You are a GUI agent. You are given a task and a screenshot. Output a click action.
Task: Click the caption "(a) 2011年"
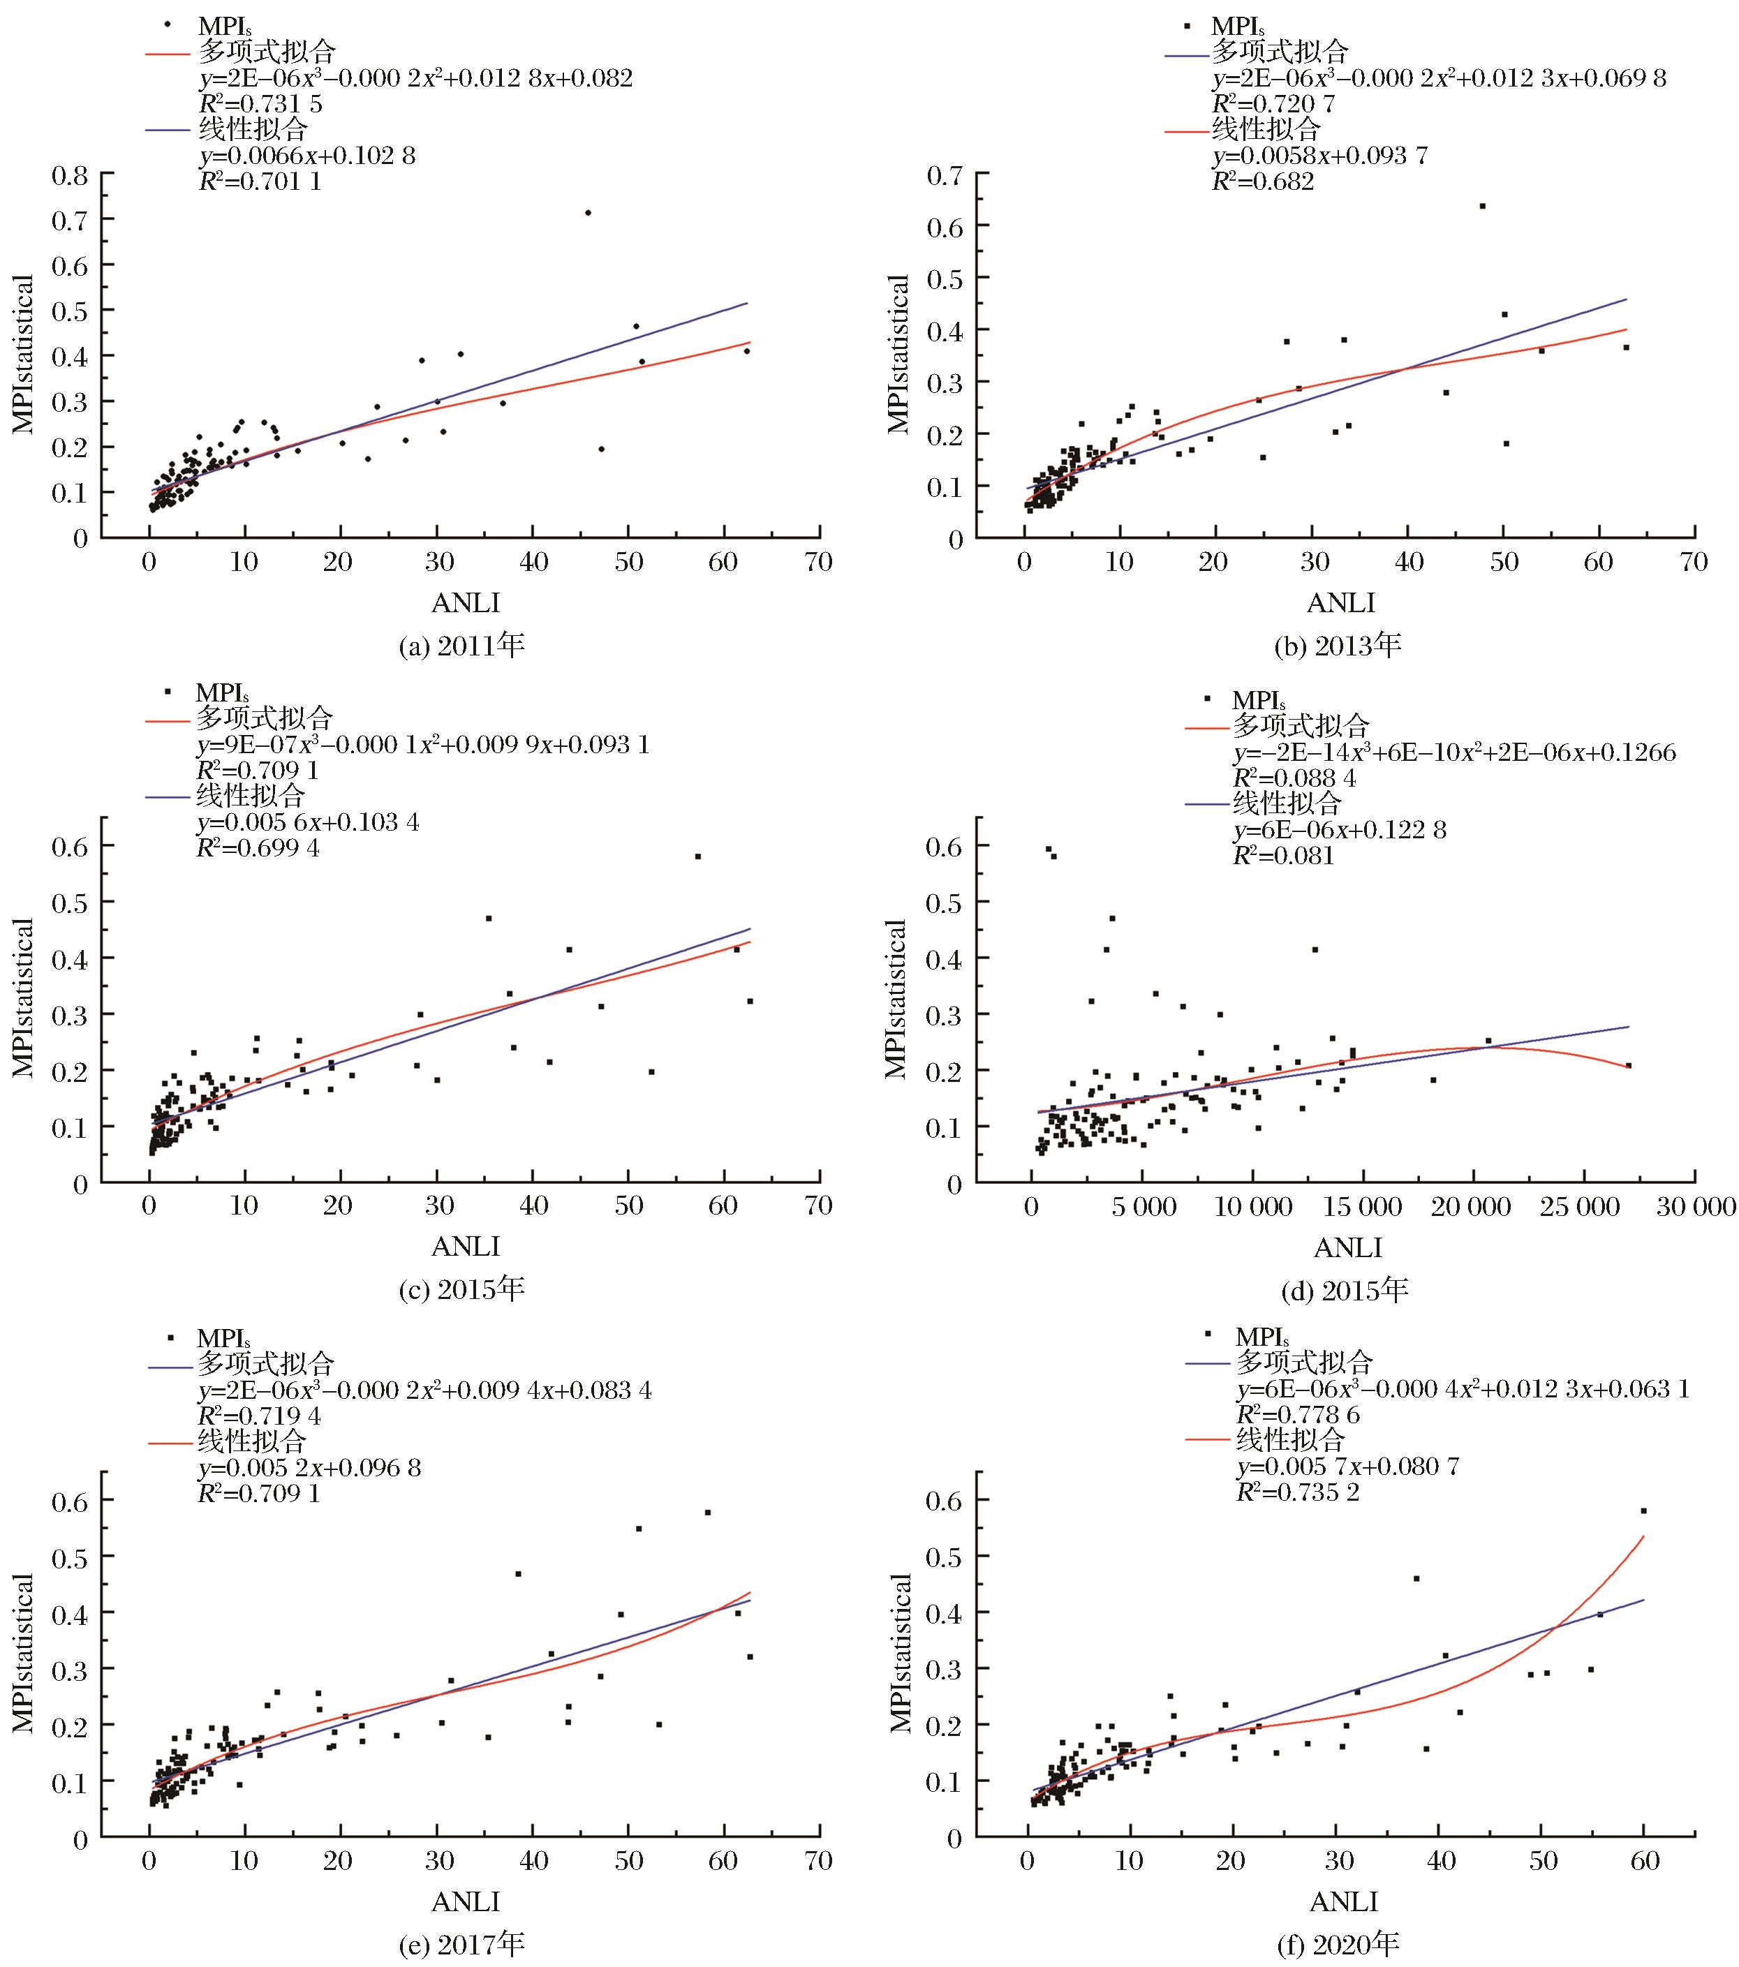(462, 645)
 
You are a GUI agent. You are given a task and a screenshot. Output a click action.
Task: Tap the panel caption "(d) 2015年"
(1345, 1289)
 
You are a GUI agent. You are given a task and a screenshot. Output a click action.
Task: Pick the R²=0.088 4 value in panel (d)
(1294, 778)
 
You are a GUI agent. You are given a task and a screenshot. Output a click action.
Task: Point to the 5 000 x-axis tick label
(1144, 1205)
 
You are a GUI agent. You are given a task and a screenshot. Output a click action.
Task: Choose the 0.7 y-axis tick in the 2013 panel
(945, 175)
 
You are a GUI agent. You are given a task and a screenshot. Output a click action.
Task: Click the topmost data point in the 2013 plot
(1482, 206)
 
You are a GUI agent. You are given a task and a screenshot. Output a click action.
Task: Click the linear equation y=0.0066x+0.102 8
(307, 156)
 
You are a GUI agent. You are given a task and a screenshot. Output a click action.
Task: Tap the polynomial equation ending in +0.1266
(1453, 752)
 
